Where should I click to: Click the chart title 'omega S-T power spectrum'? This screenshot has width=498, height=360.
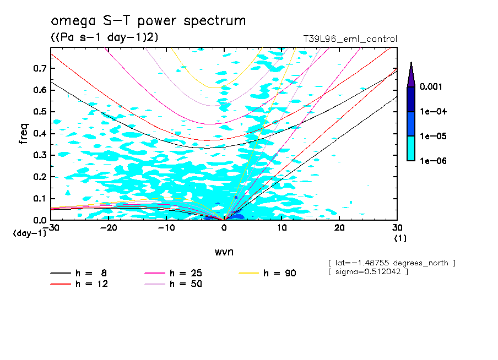(x=148, y=21)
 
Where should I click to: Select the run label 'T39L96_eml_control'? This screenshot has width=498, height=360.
(x=350, y=39)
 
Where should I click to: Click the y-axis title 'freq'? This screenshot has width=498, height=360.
(x=24, y=133)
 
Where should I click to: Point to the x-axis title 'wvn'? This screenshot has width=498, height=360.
(x=224, y=252)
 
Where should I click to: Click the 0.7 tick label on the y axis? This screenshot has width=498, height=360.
(x=39, y=68)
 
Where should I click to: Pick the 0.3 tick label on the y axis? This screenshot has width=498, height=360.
(x=39, y=155)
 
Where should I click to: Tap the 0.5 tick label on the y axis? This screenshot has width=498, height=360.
(x=39, y=112)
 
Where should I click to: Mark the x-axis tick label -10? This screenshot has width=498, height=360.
(x=166, y=228)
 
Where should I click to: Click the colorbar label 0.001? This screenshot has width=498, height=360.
(x=432, y=87)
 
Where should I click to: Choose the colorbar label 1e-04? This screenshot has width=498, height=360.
(x=432, y=112)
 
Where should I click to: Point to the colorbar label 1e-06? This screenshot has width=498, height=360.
(x=432, y=161)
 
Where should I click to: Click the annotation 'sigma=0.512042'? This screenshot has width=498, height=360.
(x=368, y=272)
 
